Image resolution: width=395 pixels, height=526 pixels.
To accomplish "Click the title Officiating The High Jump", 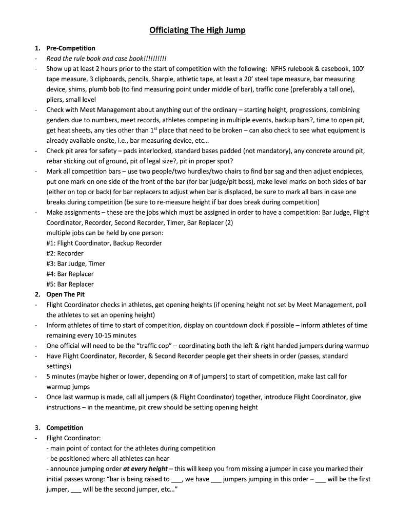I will tap(197, 30).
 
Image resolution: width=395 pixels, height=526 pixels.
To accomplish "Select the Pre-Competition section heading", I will tap(71, 48).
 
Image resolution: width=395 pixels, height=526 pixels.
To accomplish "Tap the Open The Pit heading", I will tap(66, 294).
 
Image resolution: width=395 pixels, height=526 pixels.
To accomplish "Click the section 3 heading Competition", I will tap(65, 427).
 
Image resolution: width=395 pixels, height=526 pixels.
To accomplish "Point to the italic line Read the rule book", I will tap(106, 59).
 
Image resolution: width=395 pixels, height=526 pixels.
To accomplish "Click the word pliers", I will tap(55, 100).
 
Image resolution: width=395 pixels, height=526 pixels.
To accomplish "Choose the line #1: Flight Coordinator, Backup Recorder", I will tap(104, 243).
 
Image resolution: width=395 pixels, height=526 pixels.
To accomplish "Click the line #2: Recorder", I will tap(65, 253).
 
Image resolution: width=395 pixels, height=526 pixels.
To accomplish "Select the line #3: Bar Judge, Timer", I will tap(75, 264).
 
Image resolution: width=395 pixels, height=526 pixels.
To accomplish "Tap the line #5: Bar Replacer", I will tap(70, 284).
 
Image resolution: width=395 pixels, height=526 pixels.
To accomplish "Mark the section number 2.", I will tap(37, 294).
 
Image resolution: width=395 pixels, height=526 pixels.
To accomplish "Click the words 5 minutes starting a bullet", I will tap(62, 377).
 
